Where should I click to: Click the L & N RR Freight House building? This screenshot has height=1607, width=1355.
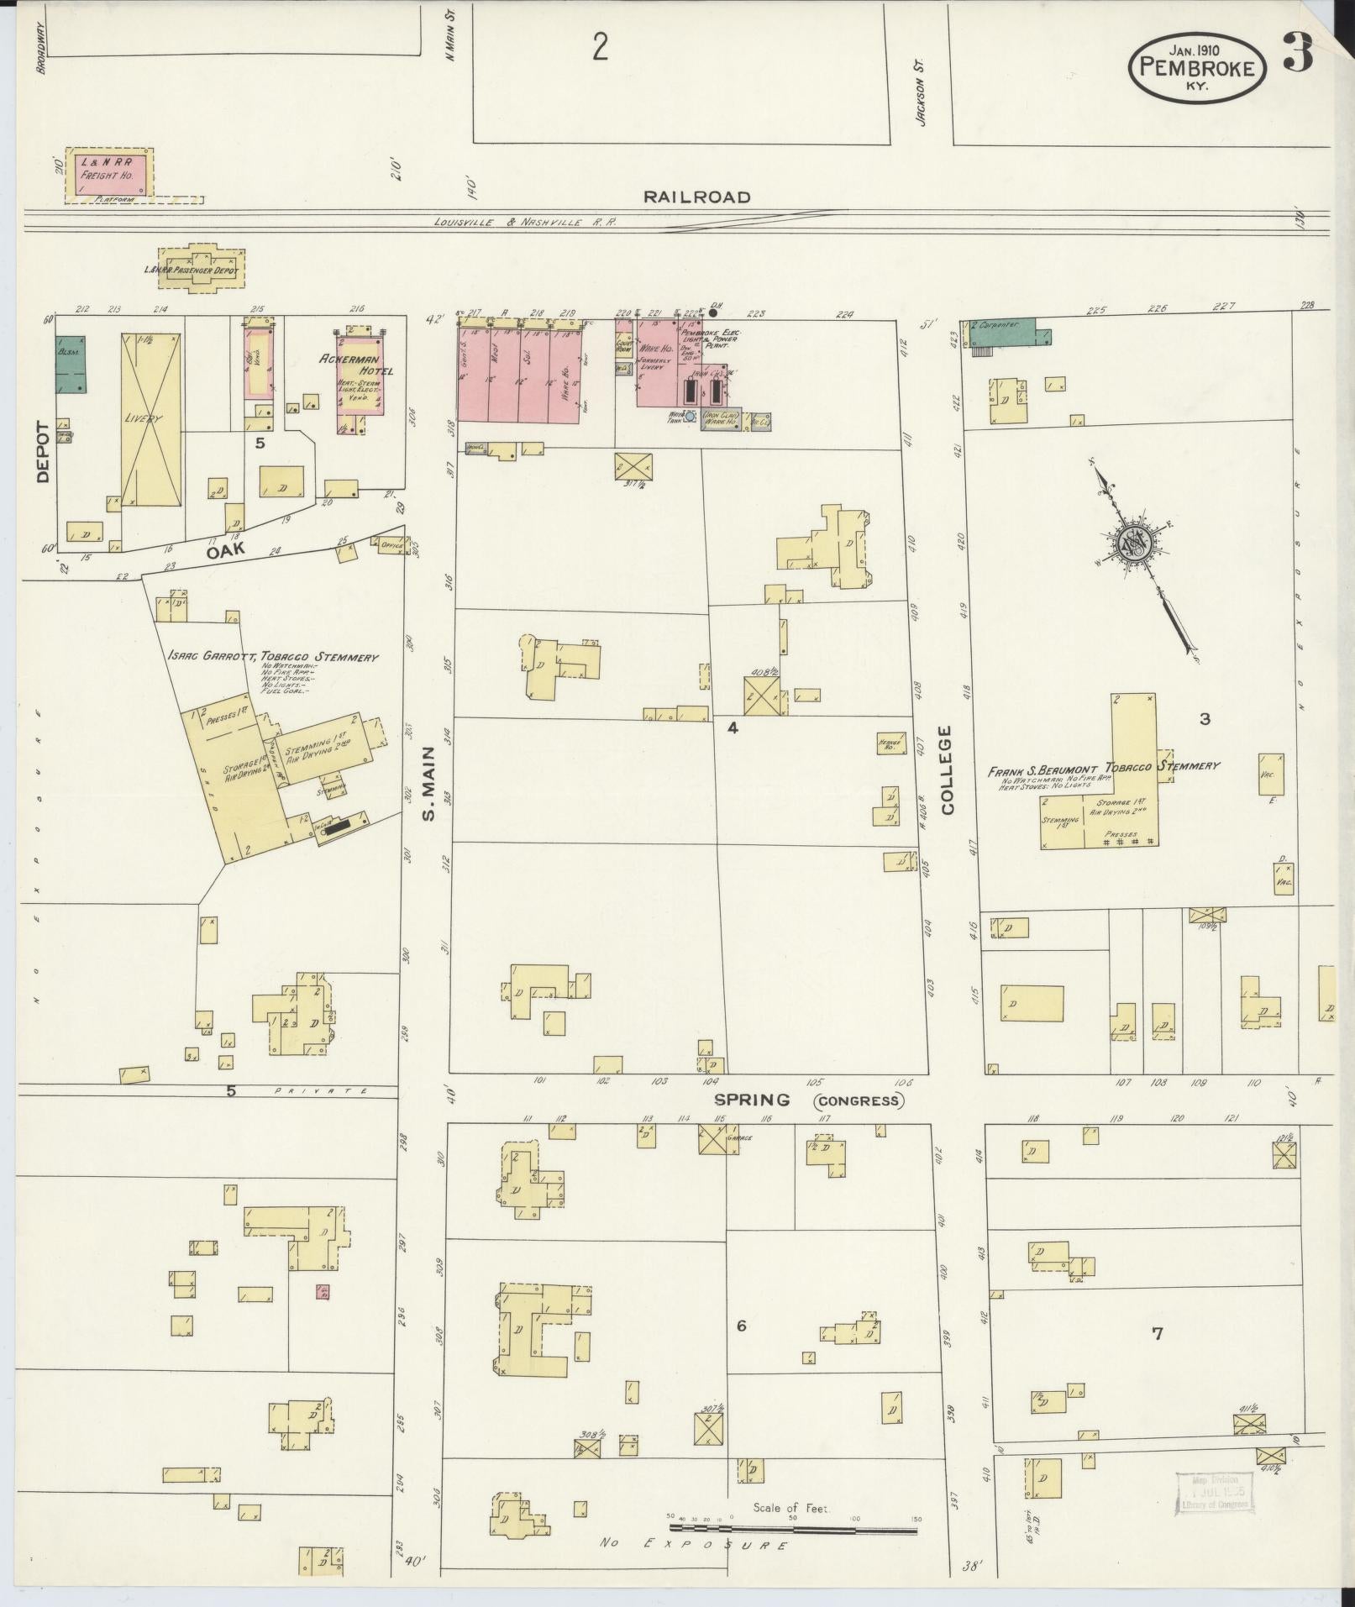112,175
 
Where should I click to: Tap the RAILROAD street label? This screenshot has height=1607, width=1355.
696,197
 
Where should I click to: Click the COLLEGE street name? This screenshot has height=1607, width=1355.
948,769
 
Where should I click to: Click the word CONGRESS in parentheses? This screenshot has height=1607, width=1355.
858,1100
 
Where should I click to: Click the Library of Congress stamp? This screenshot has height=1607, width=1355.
1211,1494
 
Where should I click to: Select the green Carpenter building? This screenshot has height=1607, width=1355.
1008,333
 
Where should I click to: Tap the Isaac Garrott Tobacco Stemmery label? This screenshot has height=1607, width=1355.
272,657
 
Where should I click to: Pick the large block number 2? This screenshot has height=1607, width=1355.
599,49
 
